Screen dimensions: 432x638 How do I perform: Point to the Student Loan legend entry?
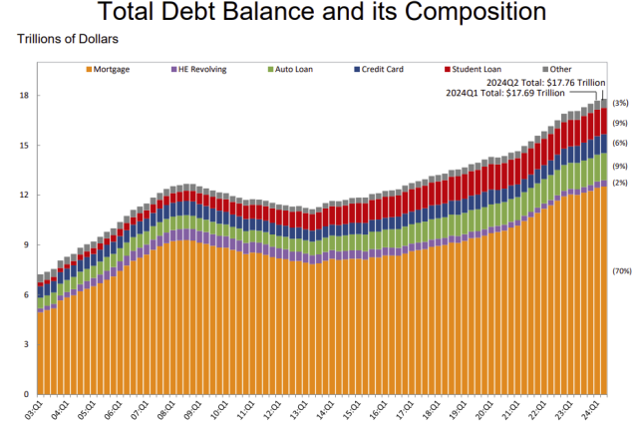(478, 71)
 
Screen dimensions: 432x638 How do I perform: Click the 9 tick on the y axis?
(25, 245)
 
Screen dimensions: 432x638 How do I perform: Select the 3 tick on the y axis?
(25, 345)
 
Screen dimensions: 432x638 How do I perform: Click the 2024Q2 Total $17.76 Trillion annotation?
(547, 84)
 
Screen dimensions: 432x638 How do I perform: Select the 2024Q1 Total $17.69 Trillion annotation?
(505, 93)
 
